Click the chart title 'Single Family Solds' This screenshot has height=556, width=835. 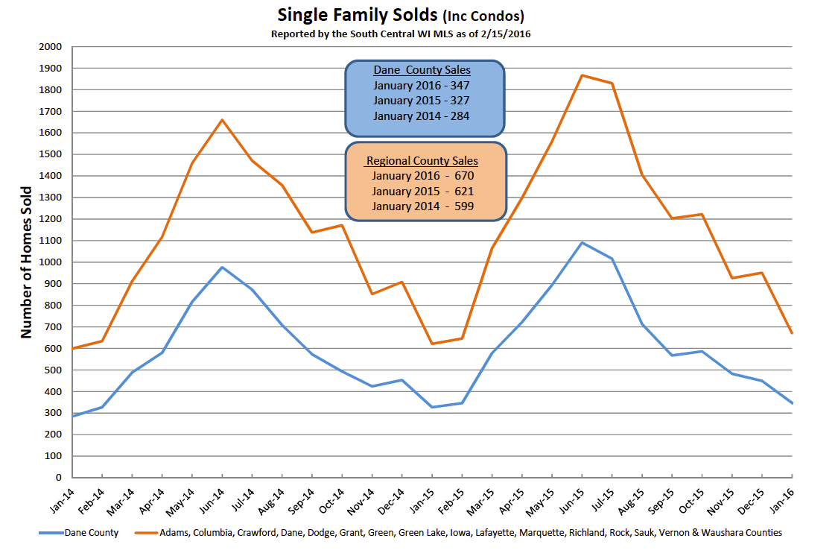(358, 15)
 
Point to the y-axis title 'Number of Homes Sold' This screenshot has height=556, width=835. (26, 262)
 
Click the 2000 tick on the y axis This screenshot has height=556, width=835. (51, 47)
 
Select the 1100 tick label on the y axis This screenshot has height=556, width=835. (51, 241)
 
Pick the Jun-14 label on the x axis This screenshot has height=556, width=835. (212, 501)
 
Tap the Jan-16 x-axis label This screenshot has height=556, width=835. (782, 501)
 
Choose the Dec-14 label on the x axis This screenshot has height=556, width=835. (391, 502)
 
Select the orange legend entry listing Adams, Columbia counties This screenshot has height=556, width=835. (459, 533)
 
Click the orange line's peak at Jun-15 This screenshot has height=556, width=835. (582, 75)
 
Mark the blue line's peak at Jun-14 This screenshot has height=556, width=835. (222, 267)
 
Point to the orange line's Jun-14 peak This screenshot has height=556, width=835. (222, 119)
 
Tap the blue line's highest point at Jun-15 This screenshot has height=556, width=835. (582, 242)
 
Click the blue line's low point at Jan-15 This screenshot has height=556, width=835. (432, 407)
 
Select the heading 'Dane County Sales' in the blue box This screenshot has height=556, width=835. (422, 70)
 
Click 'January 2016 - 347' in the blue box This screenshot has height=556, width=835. (422, 85)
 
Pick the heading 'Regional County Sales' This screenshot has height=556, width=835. (422, 161)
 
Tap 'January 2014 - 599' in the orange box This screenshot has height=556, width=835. (422, 206)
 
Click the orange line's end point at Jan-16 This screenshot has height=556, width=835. (793, 333)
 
